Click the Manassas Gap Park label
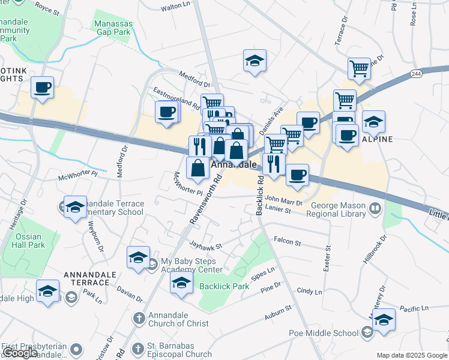pos(112,28)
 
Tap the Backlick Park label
pos(224,286)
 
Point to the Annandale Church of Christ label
pos(179,319)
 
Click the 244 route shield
pos(417,73)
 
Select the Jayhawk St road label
pos(206,245)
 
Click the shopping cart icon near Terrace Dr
pos(359,68)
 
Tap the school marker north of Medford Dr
pos(255,61)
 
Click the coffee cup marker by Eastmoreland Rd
pos(166,111)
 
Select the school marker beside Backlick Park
pos(180,283)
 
